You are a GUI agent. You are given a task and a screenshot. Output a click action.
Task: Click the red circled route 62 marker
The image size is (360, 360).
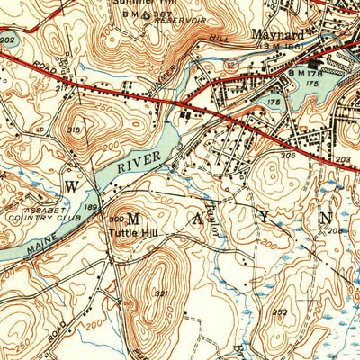[231, 65]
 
